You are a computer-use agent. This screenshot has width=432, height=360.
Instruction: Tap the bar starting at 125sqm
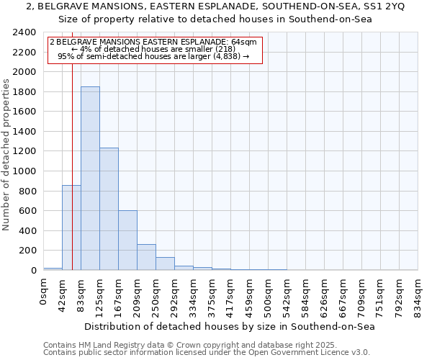pos(109,209)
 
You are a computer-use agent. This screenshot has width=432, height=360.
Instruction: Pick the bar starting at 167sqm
pos(127,240)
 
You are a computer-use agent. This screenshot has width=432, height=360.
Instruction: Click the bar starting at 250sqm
pos(165,264)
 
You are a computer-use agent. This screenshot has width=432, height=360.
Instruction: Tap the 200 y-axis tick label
pos(27,251)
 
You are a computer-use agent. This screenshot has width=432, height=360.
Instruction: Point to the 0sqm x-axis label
pos(44,289)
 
